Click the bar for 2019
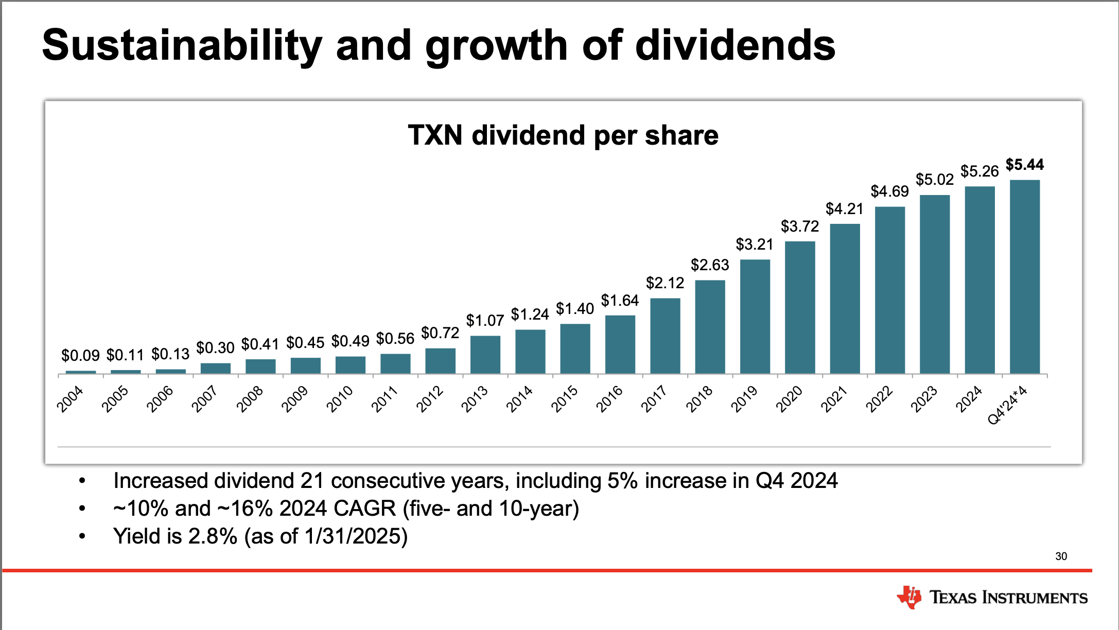[755, 316]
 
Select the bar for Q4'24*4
[1024, 276]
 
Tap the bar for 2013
[485, 355]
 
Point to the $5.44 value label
[1024, 165]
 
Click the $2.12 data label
[665, 283]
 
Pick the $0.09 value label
[80, 356]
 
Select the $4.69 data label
[889, 191]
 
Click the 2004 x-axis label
[70, 399]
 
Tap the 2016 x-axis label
[609, 399]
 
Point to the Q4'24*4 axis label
[1007, 406]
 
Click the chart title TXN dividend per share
[563, 135]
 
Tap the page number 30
[1061, 556]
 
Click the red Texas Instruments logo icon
[909, 597]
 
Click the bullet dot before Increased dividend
[82, 481]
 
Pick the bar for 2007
[215, 368]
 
